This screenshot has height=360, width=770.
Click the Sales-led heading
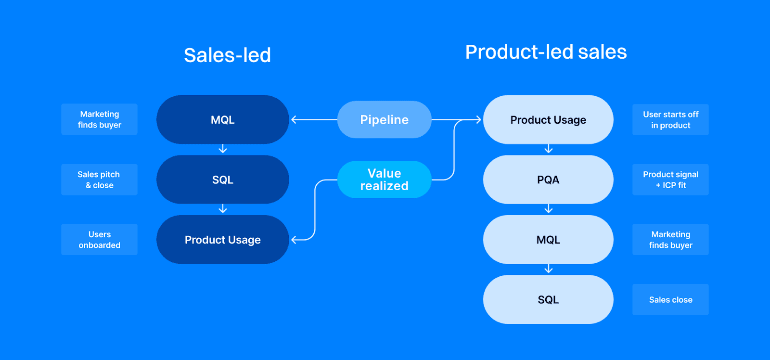227,55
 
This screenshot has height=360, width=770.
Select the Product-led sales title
546,52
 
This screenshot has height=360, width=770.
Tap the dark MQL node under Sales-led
222,120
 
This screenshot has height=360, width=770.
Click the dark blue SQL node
222,180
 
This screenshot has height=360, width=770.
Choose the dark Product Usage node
222,240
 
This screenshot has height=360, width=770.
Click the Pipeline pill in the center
384,120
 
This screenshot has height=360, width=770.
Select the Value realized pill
384,180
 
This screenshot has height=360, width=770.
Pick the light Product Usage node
548,120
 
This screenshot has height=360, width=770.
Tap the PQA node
548,180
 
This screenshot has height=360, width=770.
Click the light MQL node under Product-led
548,240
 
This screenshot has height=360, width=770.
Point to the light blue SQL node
548,299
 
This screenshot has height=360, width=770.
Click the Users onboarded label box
100,240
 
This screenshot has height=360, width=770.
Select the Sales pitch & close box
100,180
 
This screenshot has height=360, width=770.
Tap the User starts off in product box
670,120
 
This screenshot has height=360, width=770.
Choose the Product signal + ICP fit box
670,180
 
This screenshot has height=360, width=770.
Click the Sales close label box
670,299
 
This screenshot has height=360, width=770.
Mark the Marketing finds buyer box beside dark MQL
100,119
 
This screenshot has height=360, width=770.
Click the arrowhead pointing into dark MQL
294,119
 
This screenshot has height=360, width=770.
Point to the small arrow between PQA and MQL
548,209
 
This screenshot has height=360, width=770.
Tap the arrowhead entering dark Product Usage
294,239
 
